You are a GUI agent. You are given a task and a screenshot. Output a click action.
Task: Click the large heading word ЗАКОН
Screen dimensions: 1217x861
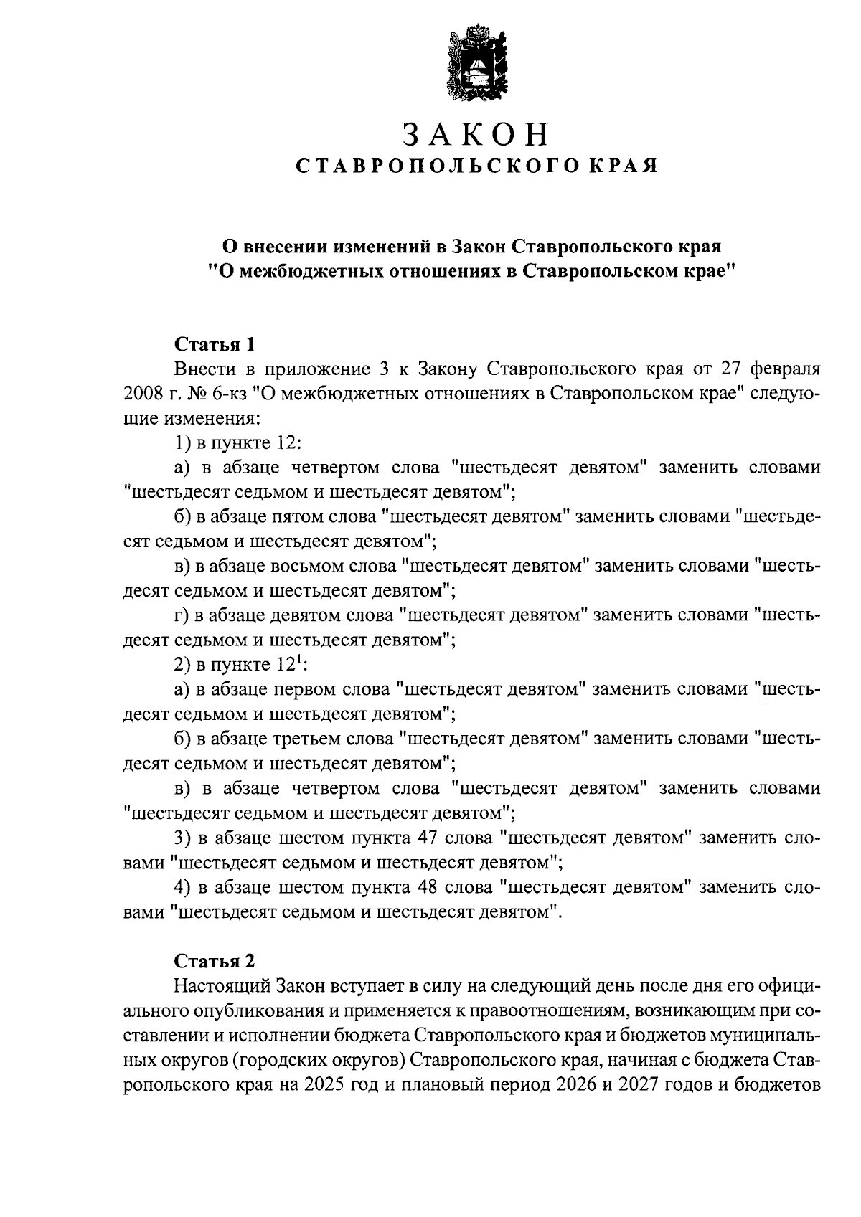(x=476, y=134)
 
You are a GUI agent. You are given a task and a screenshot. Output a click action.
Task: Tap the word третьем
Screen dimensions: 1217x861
(x=309, y=738)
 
